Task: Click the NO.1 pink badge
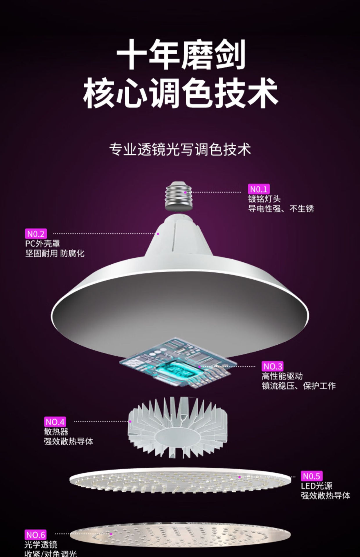pos(259,189)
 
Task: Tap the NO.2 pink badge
pos(36,234)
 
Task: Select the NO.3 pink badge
pos(273,366)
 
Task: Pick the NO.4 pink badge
pos(55,422)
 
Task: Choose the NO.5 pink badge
pos(311,476)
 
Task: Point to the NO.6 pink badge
pos(36,535)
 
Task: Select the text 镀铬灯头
pos(264,199)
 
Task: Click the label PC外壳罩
pos(43,244)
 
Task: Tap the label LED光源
pos(316,486)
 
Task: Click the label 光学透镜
pos(41,545)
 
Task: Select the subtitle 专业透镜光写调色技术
pos(180,150)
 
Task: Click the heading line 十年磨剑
pos(181,55)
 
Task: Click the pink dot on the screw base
pos(185,192)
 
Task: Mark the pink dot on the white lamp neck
pos(158,234)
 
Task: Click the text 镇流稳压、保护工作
pos(298,386)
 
